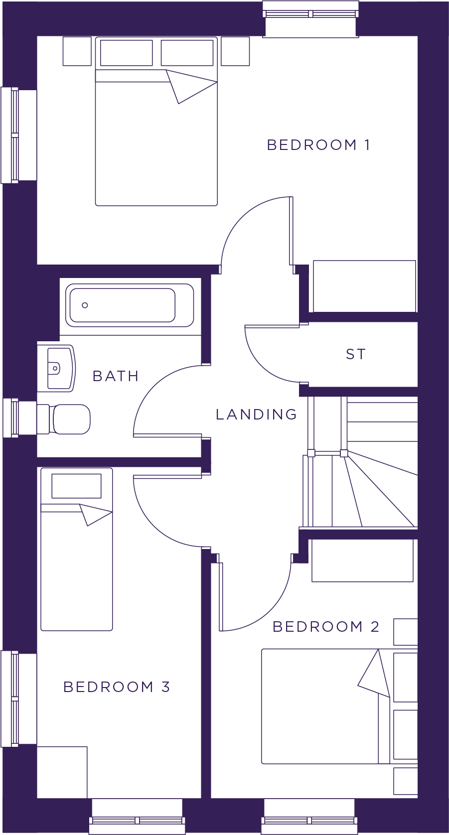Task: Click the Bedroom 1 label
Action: click(x=318, y=144)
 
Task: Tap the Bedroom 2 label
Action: click(x=325, y=627)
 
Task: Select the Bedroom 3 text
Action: click(x=116, y=687)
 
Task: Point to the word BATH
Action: click(x=115, y=376)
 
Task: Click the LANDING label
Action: click(x=256, y=414)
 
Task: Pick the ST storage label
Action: click(x=356, y=354)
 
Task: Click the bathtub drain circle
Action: click(x=85, y=305)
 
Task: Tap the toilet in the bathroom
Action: click(x=63, y=419)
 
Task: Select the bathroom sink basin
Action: click(x=56, y=368)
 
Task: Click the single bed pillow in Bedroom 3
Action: click(x=76, y=486)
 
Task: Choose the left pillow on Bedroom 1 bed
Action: click(x=127, y=53)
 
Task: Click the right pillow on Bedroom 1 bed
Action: click(x=187, y=53)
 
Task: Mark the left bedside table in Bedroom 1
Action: click(x=77, y=51)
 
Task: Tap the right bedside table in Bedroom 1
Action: click(x=235, y=51)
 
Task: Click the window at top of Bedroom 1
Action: click(x=310, y=18)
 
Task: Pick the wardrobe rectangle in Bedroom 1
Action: click(x=364, y=286)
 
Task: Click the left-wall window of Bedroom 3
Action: click(x=19, y=699)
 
